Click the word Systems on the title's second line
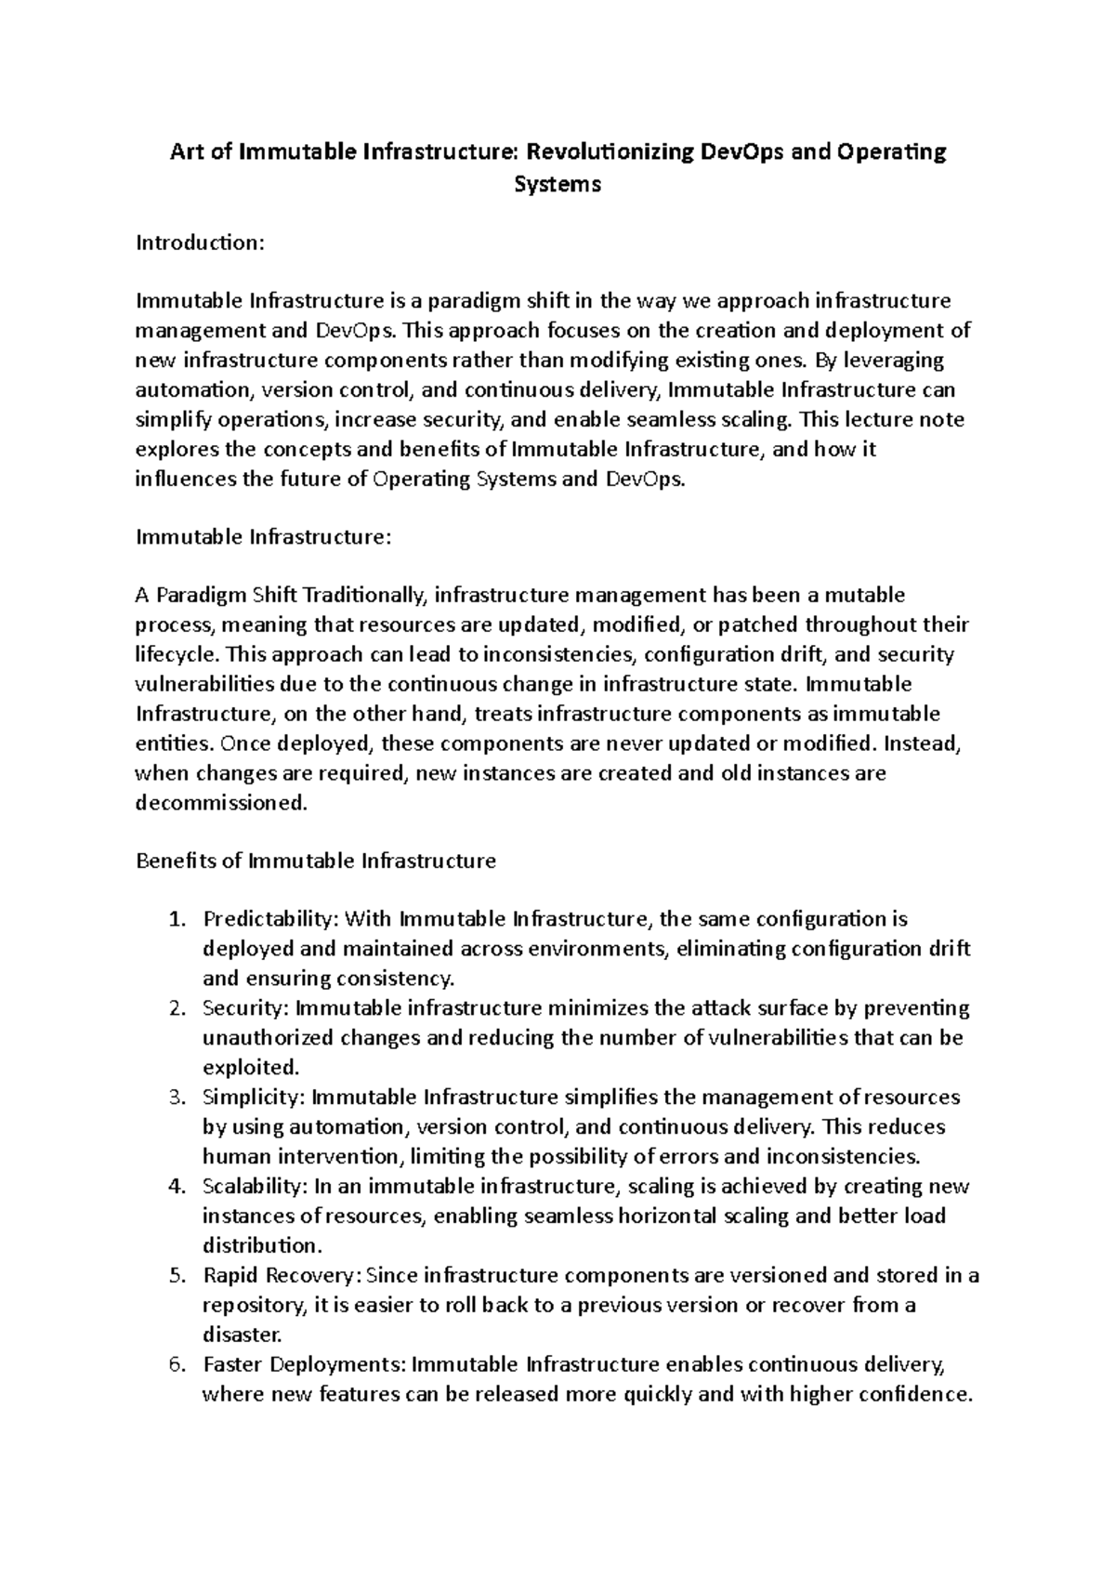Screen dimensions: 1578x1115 (x=557, y=184)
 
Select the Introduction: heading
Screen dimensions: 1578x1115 (x=201, y=243)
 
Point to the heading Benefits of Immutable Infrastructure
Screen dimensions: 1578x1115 (x=316, y=861)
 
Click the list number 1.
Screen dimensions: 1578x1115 (x=177, y=920)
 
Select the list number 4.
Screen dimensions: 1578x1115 (x=177, y=1187)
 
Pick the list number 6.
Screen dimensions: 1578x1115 (x=177, y=1365)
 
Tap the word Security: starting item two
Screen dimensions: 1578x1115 (x=247, y=1008)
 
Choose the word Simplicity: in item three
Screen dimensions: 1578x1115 (x=253, y=1098)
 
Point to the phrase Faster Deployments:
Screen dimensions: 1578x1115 (x=304, y=1365)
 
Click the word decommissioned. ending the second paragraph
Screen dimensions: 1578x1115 (x=221, y=803)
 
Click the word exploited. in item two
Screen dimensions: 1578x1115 (x=239, y=1067)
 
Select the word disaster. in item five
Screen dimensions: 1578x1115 (x=242, y=1335)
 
